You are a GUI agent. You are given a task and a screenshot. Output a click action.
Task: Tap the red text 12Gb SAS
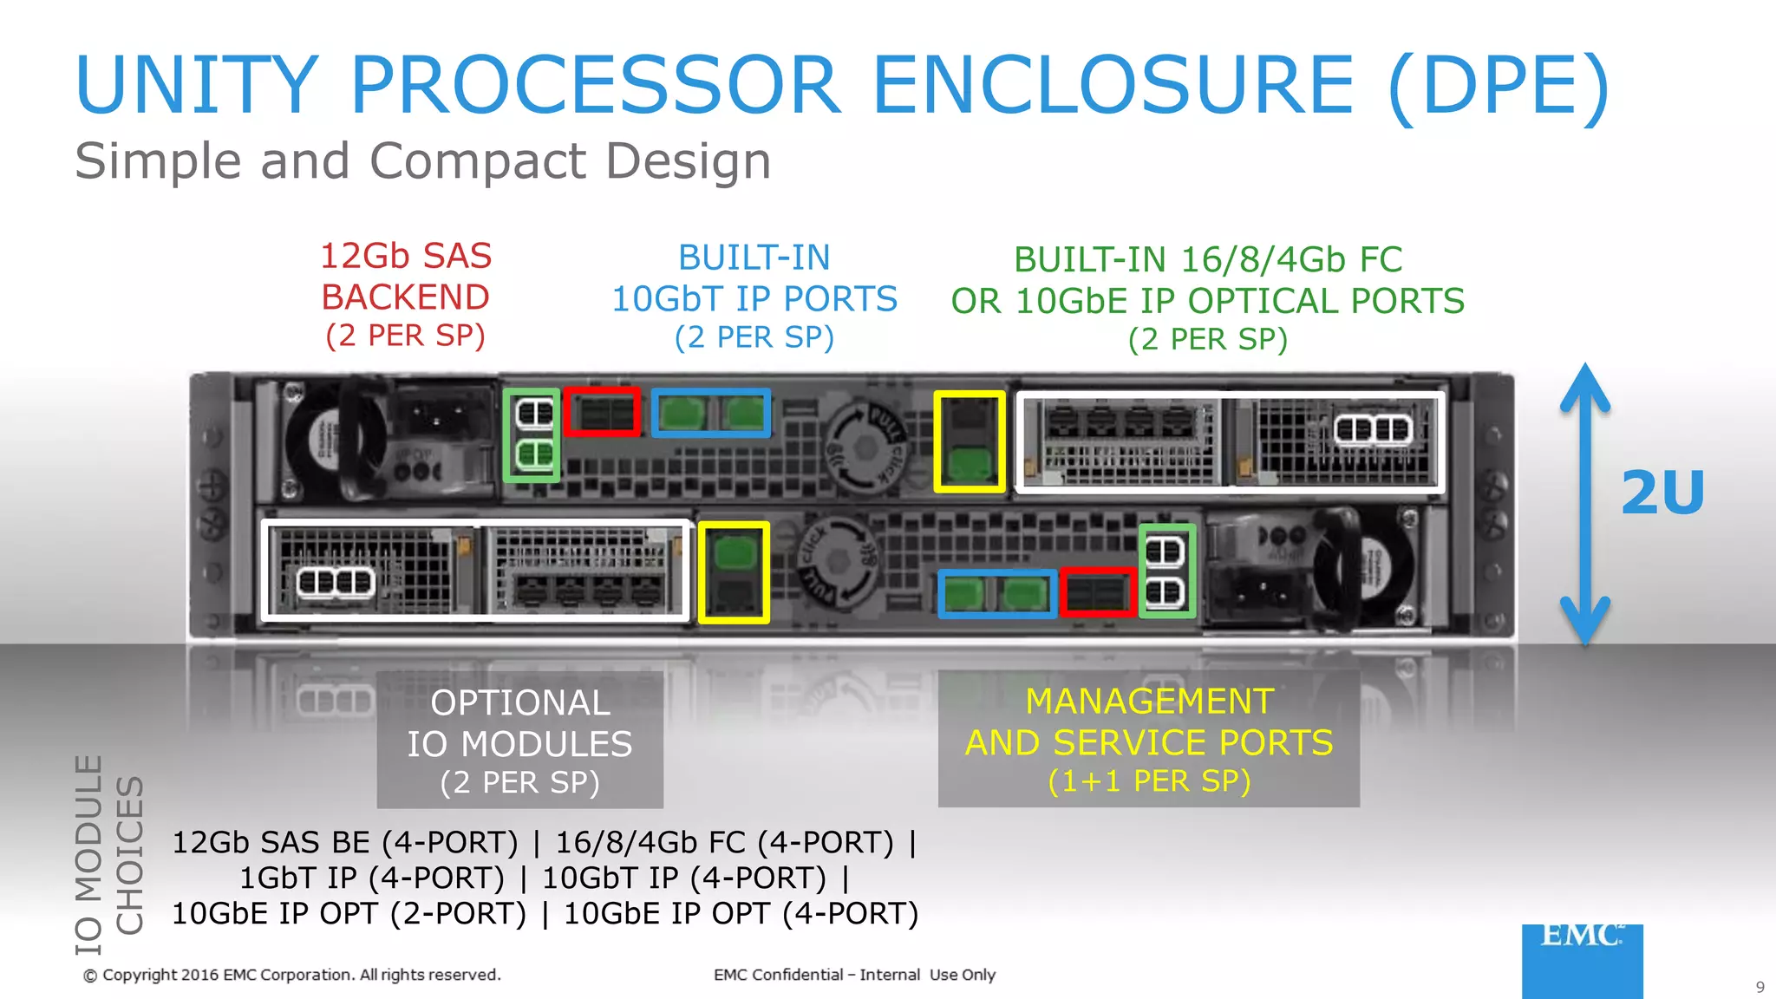pyautogui.click(x=406, y=256)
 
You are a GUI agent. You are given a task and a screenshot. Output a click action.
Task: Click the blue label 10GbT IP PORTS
pyautogui.click(x=754, y=299)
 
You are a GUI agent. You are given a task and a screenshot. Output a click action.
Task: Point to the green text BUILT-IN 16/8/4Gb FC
pyautogui.click(x=1207, y=259)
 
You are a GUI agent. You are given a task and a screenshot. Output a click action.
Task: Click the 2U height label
pyautogui.click(x=1662, y=493)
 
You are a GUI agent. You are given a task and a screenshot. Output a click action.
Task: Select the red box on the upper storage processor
pyautogui.click(x=602, y=412)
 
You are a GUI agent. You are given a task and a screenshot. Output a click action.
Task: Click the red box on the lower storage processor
pyautogui.click(x=1097, y=592)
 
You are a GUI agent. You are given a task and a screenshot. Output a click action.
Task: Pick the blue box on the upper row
pyautogui.click(x=710, y=413)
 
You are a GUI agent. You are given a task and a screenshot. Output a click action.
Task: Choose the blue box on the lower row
pyautogui.click(x=997, y=594)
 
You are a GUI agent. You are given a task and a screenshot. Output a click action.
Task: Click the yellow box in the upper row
pyautogui.click(x=970, y=441)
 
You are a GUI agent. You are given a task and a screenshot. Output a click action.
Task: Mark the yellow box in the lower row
pyautogui.click(x=734, y=572)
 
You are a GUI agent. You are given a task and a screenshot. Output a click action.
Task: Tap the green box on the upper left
pyautogui.click(x=532, y=434)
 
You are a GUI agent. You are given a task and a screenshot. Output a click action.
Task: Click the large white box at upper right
pyautogui.click(x=1230, y=442)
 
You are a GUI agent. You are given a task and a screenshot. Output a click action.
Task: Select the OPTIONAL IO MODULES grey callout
pyautogui.click(x=519, y=741)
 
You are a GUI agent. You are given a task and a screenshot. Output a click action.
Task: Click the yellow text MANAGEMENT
pyautogui.click(x=1149, y=701)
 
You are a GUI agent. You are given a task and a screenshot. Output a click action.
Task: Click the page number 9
pyautogui.click(x=1760, y=987)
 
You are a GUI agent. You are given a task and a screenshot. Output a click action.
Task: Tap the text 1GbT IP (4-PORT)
pyautogui.click(x=371, y=878)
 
